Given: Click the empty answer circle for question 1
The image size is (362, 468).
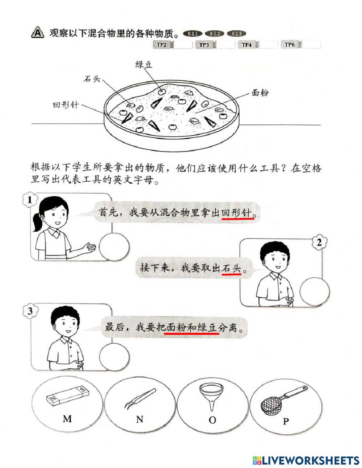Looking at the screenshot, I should (114, 247).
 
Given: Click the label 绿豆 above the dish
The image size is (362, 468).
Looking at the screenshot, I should (144, 65).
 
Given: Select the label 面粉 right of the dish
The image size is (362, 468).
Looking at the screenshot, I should (260, 93).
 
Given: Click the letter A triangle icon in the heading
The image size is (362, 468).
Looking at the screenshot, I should (37, 33).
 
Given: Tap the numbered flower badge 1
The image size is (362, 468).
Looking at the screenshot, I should (30, 200).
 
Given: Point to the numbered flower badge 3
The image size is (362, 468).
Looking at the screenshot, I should (30, 311).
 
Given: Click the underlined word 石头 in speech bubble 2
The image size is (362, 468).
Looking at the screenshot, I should (232, 269).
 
